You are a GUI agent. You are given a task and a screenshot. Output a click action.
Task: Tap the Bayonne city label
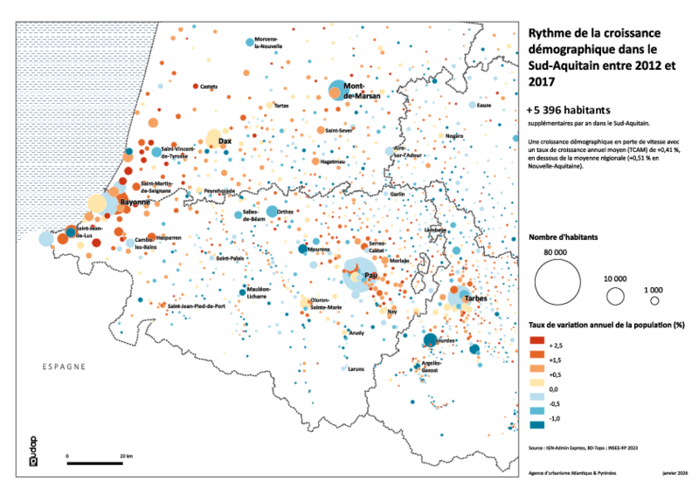point(135,202)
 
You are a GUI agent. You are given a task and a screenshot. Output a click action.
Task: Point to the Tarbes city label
point(475,298)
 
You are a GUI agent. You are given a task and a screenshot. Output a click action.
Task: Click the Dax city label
point(225,140)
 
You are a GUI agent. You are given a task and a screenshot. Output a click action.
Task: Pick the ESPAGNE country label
point(63,367)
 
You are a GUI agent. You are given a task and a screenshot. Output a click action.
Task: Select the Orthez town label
point(284,211)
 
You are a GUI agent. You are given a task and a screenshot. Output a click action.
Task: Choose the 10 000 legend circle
point(615,296)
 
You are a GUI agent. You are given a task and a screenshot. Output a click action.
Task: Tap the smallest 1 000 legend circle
point(654,300)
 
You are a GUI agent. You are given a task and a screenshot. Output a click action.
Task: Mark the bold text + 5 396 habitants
point(568,110)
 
